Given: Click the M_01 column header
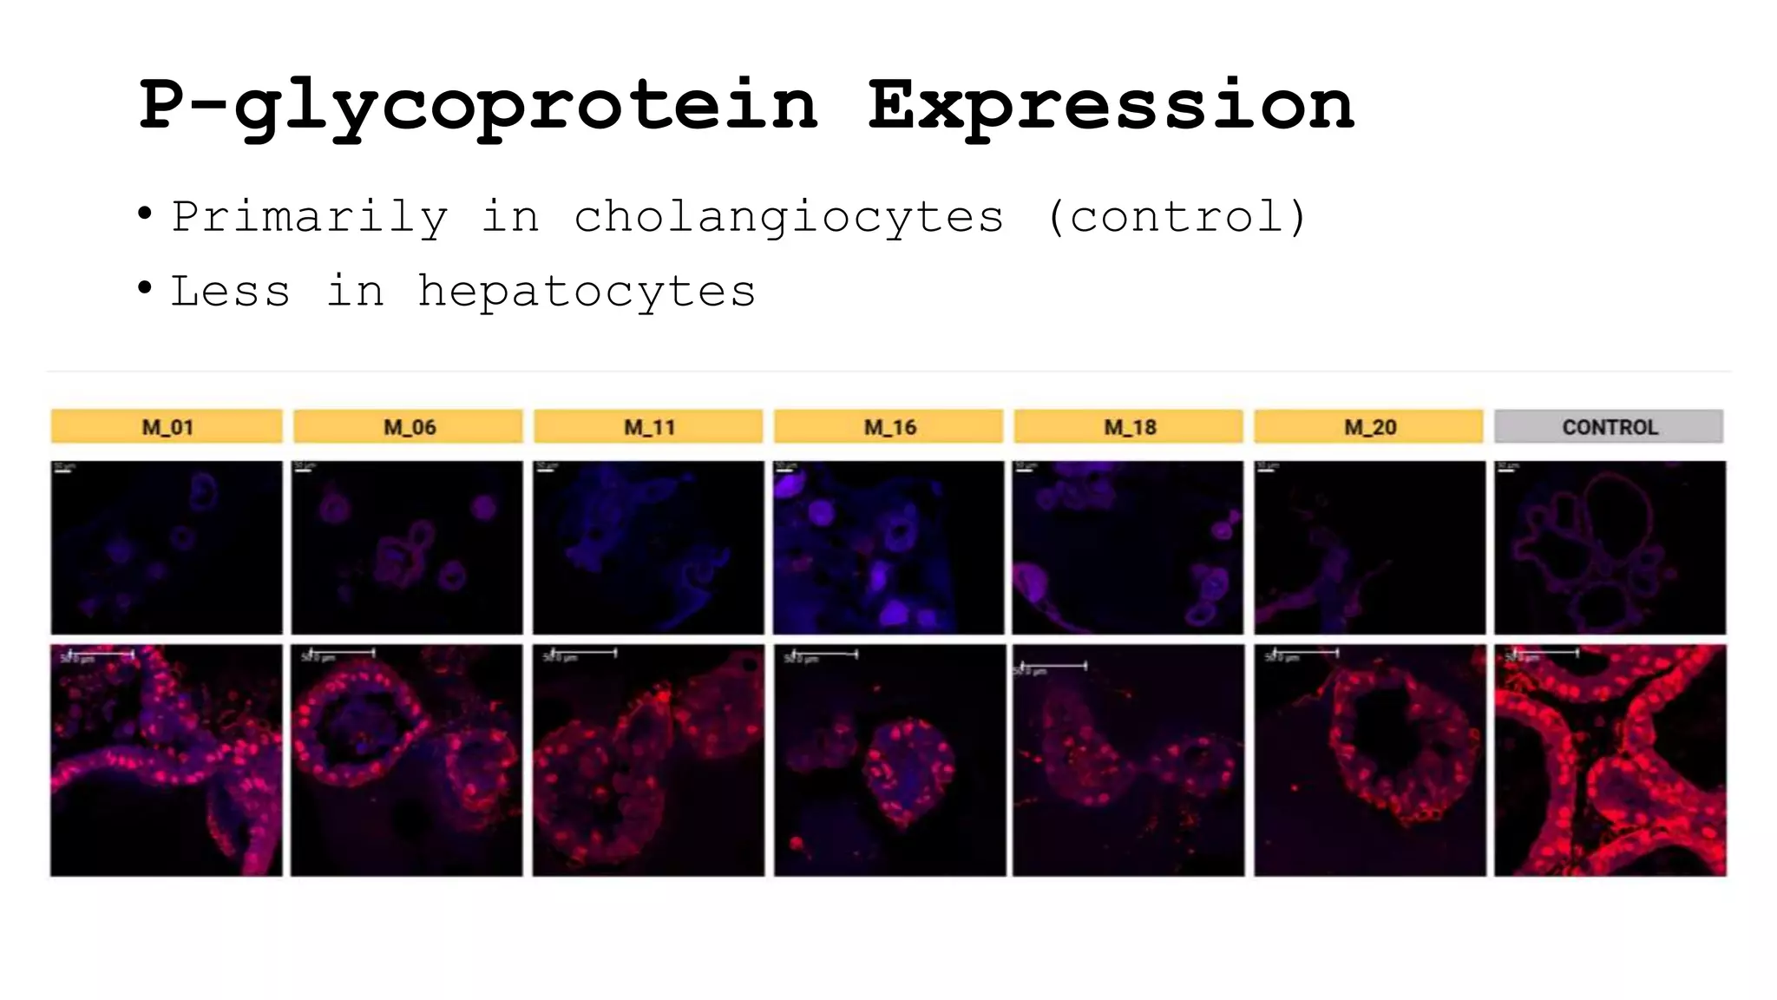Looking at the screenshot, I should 167,426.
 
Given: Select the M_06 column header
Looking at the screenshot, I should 409,426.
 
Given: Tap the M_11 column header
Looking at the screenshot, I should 648,426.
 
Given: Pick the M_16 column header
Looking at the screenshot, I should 888,426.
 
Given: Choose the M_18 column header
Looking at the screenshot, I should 1129,426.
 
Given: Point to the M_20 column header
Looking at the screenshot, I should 1369,426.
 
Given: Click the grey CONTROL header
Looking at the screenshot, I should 1609,426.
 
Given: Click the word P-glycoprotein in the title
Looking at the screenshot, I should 478,106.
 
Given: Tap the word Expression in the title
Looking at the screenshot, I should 1111,106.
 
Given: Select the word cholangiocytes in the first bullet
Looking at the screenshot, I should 789,217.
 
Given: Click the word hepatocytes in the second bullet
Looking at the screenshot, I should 587,291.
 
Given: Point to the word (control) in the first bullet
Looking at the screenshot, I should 1177,217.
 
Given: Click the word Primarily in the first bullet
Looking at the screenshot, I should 310,217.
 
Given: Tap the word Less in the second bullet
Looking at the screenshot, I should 231,291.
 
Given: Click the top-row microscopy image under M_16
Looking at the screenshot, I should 888,547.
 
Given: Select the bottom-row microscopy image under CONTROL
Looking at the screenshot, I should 1610,760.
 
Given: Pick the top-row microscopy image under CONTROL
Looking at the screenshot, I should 1610,547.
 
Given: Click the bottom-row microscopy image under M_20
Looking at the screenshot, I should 1369,760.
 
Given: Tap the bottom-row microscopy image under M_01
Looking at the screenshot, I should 167,760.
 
